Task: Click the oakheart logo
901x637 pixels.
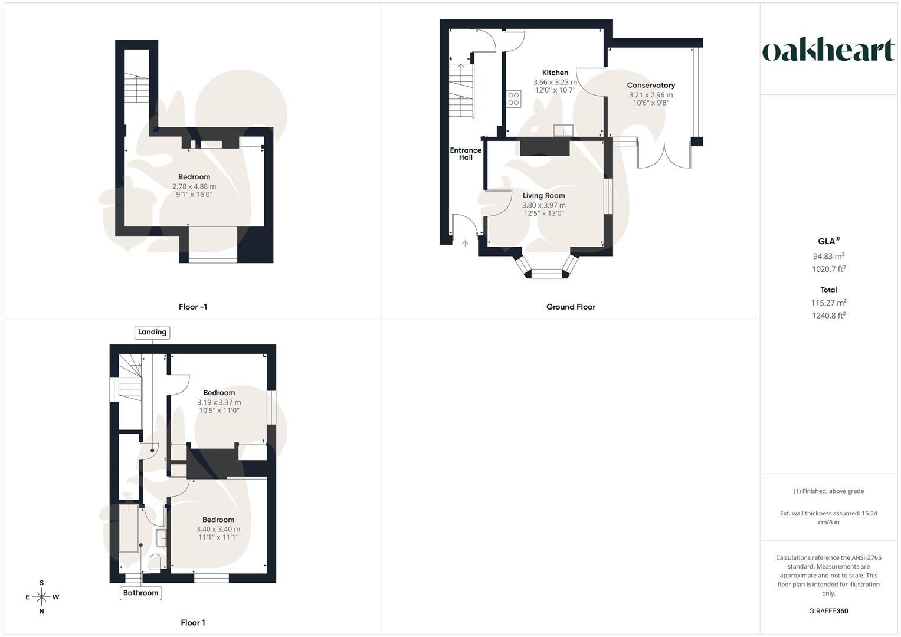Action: [828, 51]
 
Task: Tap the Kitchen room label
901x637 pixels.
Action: [555, 73]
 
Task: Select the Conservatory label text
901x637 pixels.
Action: [651, 85]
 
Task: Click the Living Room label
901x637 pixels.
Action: [543, 195]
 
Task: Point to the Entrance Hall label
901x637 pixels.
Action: [466, 153]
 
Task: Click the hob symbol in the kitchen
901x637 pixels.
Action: [513, 98]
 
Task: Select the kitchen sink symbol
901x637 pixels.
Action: [563, 130]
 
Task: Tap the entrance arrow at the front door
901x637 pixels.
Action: [465, 243]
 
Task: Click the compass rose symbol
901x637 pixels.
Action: [41, 597]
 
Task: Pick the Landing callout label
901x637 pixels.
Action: [152, 332]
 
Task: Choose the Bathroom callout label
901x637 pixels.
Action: [140, 593]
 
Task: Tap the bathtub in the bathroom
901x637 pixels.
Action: [129, 528]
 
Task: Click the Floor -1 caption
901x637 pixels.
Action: [193, 307]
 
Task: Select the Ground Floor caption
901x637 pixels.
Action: [571, 307]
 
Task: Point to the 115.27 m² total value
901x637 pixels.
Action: [828, 303]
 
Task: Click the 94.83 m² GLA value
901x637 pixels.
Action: [828, 256]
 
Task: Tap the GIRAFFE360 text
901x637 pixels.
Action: [828, 611]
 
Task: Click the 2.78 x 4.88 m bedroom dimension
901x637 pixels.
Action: [194, 186]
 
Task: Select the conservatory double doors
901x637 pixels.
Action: [664, 156]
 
